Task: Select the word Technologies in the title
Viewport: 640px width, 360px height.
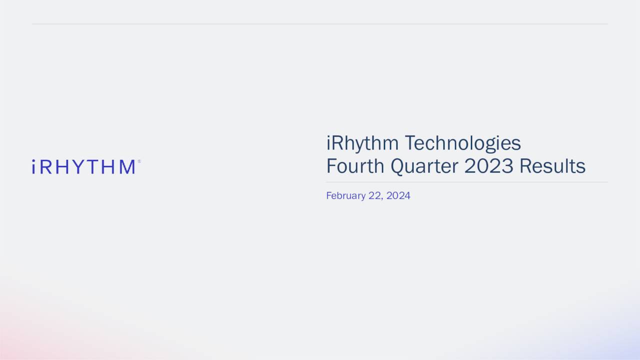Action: (x=462, y=144)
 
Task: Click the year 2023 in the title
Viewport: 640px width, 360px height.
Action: (x=488, y=166)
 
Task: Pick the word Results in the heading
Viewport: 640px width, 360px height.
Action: (x=552, y=166)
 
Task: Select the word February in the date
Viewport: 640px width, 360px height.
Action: (x=345, y=196)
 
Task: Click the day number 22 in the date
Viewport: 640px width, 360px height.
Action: (x=375, y=195)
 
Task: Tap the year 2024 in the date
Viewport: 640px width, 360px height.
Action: (x=398, y=195)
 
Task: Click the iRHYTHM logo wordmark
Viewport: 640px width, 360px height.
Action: (x=83, y=167)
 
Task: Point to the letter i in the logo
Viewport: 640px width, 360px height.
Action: (x=33, y=167)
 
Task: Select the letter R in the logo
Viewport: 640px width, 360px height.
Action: (x=46, y=167)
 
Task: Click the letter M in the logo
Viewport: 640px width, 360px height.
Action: (x=127, y=167)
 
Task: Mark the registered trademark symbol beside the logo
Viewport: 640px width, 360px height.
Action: (x=139, y=161)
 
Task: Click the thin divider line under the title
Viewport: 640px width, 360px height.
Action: (x=467, y=182)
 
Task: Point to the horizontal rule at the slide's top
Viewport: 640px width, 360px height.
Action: (x=320, y=23)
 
